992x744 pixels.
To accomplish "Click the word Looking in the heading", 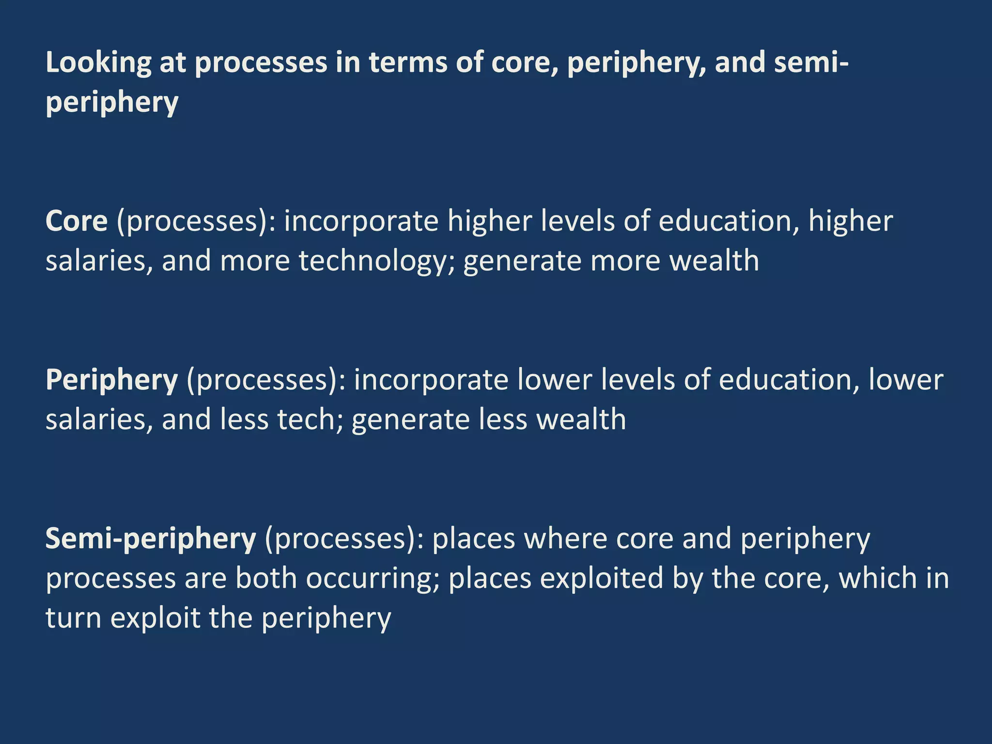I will (98, 63).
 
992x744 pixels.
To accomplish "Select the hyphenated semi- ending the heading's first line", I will (811, 63).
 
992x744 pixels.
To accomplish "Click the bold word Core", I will (77, 221).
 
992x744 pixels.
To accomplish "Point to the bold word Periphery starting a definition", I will (112, 381).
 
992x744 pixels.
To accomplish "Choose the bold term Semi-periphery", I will (151, 540).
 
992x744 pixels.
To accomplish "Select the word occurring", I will (372, 579).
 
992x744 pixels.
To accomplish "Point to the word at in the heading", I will (173, 63).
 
